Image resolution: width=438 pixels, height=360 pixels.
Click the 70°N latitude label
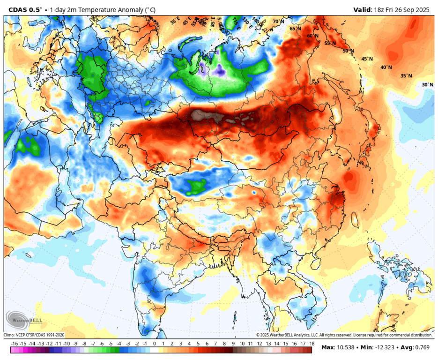[278, 22]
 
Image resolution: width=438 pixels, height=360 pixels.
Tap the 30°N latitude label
[427, 85]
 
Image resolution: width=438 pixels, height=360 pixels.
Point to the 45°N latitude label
[367, 59]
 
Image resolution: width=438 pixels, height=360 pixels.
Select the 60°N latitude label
[312, 36]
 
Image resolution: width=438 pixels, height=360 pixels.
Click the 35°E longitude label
[175, 21]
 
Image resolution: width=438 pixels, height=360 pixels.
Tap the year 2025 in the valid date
[423, 9]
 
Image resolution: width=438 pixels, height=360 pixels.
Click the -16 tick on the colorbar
[15, 344]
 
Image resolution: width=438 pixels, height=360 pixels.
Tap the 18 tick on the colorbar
[312, 344]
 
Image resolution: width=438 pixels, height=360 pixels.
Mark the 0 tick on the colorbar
[154, 344]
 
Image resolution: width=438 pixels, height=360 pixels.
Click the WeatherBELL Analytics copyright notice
[344, 335]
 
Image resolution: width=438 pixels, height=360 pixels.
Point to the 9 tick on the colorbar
[233, 344]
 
